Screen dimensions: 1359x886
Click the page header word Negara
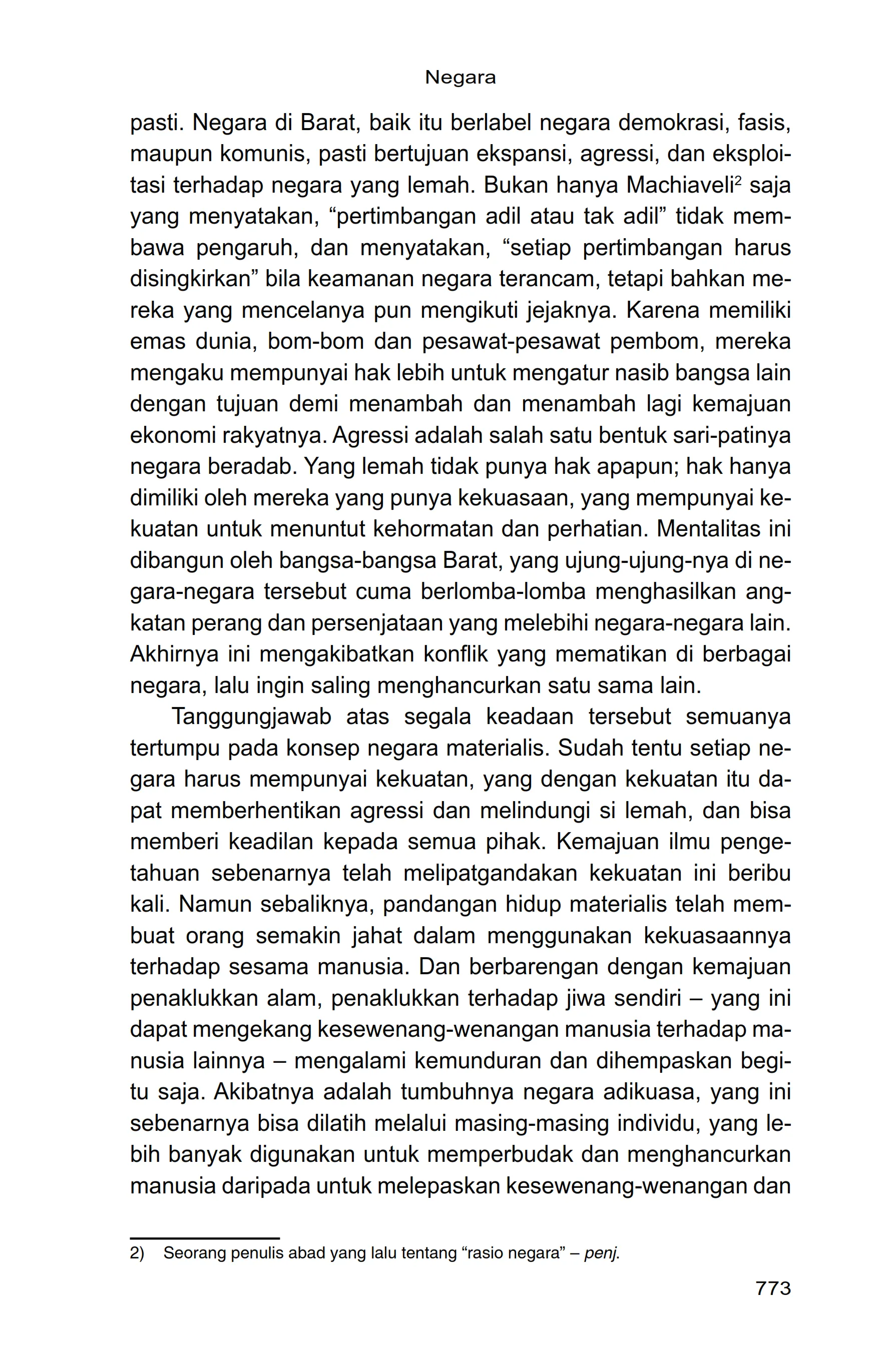[460, 78]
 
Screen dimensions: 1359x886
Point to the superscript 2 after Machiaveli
[737, 181]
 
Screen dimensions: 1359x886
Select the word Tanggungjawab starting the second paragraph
[251, 717]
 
